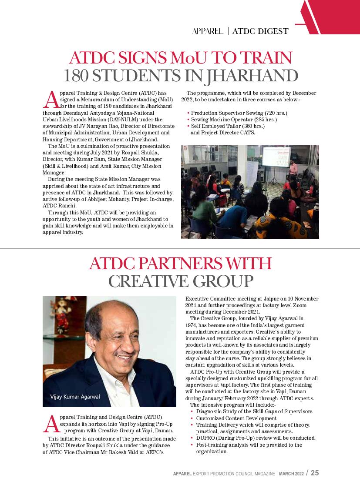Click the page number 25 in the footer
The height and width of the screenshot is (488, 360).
tap(314, 473)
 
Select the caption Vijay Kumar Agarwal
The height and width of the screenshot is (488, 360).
tap(72, 397)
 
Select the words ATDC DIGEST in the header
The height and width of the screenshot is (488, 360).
tap(260, 31)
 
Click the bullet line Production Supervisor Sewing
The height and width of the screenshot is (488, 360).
tap(239, 113)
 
